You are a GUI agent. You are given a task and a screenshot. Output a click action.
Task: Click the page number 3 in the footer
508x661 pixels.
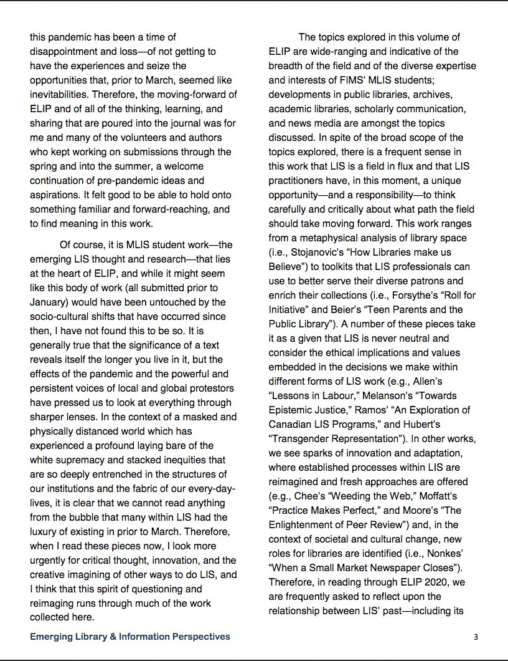[475, 637]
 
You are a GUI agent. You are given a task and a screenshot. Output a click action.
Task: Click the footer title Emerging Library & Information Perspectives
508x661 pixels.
[130, 637]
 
